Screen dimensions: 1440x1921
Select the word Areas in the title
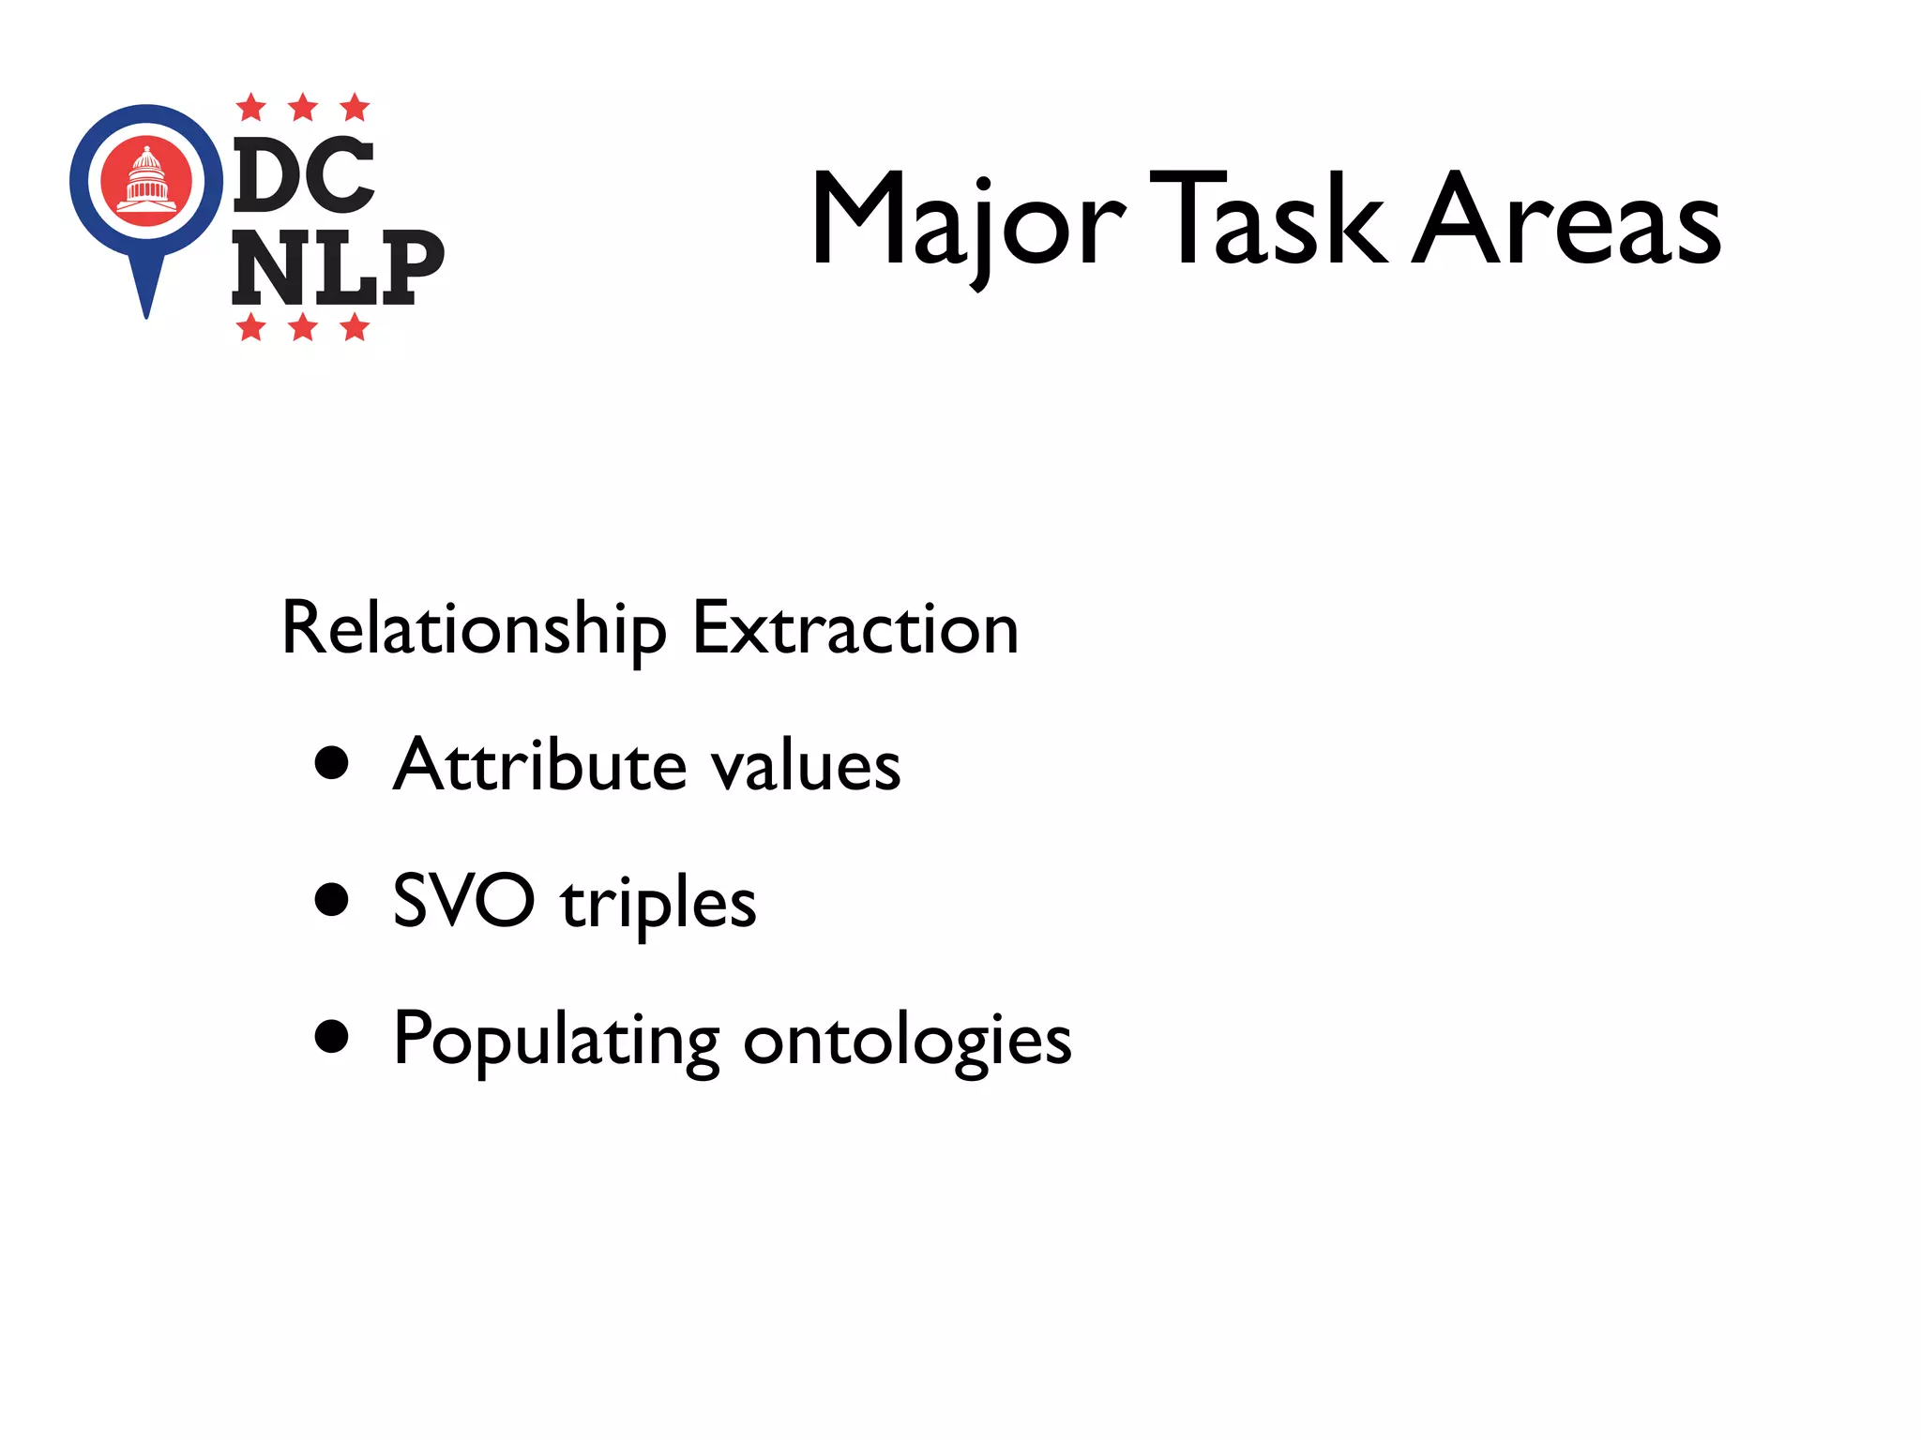tap(1566, 219)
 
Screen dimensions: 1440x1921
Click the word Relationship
tap(474, 628)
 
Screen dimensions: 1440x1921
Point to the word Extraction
tap(855, 628)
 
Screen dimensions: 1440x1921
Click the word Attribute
tap(539, 765)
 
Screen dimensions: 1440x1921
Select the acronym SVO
tap(463, 901)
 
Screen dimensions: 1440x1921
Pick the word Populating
tap(556, 1040)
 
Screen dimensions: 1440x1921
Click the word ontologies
tap(906, 1041)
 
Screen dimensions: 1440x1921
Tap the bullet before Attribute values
tap(332, 762)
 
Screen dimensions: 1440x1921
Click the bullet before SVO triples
tap(332, 899)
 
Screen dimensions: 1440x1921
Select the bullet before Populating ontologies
tap(332, 1037)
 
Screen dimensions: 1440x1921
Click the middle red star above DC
tap(303, 108)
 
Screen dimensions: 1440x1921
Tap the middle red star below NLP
tap(303, 328)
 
